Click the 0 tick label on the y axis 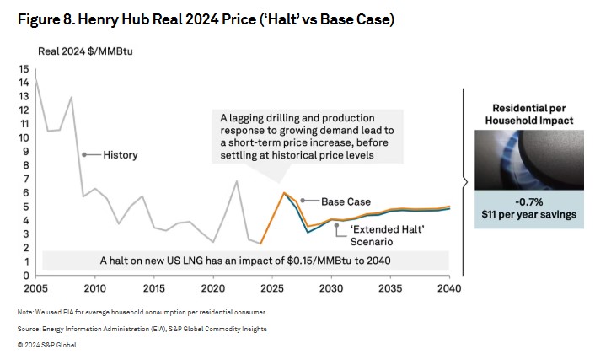[25, 276]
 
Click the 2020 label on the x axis [213, 287]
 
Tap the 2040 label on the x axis [449, 287]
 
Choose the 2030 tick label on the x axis [331, 287]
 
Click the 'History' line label [121, 155]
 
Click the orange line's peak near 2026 [284, 193]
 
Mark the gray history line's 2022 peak [237, 181]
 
